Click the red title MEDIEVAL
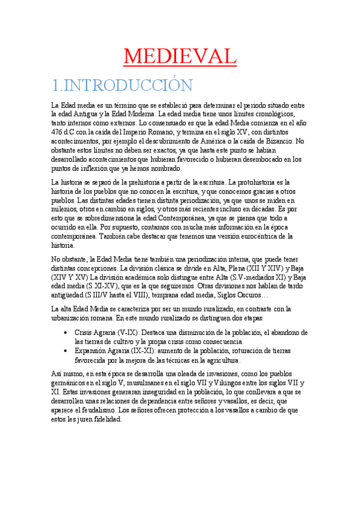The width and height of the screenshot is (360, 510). (x=180, y=57)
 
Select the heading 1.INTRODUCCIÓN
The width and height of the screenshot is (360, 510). (x=122, y=84)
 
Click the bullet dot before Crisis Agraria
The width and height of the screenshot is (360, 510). (x=66, y=332)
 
